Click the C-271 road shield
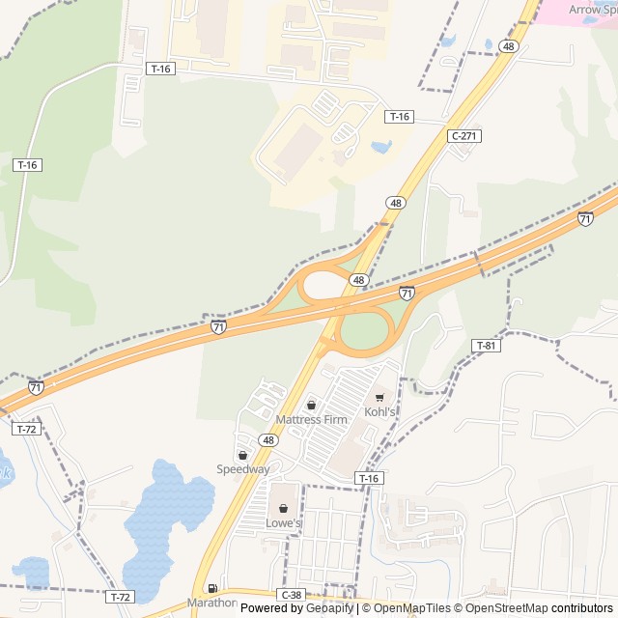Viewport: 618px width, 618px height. coord(464,136)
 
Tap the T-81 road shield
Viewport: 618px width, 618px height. coord(486,346)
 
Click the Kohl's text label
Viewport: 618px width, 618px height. coord(379,412)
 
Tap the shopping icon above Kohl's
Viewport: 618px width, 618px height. coord(379,397)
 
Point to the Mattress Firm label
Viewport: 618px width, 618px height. coord(311,420)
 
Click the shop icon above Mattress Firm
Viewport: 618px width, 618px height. coord(311,405)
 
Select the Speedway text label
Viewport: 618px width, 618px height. coord(243,469)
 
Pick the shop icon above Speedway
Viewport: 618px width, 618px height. coord(242,455)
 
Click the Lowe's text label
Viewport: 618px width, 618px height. coord(284,523)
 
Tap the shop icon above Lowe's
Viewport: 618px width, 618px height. coord(284,509)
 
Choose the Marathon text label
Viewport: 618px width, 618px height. coord(211,603)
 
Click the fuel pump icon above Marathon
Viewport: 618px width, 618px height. coord(211,588)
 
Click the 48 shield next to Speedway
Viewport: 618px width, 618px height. coord(268,440)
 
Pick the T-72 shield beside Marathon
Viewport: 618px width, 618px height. coord(120,597)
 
